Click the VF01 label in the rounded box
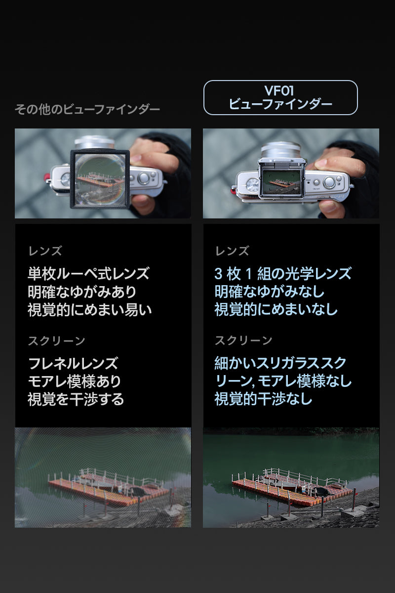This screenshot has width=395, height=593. [279, 91]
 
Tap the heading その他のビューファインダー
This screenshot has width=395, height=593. [87, 109]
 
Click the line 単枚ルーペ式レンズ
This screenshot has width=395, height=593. [89, 273]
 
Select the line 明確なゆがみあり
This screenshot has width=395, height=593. [82, 292]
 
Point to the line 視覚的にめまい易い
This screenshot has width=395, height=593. [90, 310]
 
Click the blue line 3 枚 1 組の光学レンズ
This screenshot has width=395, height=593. [283, 273]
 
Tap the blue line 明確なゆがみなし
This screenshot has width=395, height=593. [269, 292]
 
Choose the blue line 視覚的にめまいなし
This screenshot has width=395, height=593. [276, 310]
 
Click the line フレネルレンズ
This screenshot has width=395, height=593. [73, 363]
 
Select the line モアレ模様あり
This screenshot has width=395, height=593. [75, 381]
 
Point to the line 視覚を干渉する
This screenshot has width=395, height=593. [76, 399]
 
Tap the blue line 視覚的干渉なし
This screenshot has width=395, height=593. [264, 399]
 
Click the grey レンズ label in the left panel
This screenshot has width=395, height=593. [45, 251]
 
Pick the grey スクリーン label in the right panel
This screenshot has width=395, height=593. [243, 340]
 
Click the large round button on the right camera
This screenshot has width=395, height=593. [329, 182]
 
